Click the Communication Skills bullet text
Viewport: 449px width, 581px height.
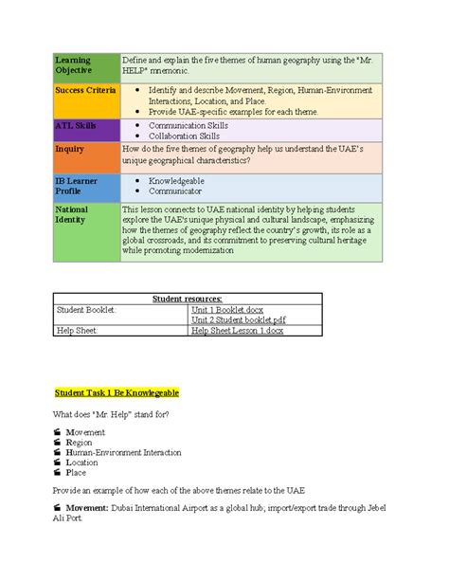coord(184,125)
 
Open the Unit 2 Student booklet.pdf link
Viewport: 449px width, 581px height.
coord(239,319)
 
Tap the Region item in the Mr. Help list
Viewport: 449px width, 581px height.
coord(80,442)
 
